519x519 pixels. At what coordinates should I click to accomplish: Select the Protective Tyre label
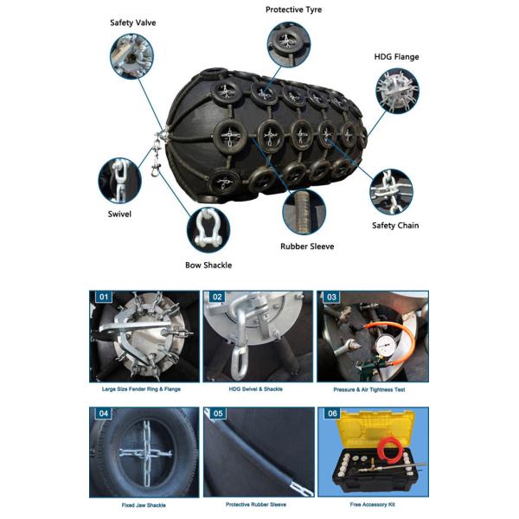pos(292,10)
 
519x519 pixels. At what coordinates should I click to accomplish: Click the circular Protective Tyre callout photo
pos(289,42)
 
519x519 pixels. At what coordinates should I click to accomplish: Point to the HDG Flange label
pos(396,57)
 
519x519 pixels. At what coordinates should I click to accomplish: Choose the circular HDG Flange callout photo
pos(398,92)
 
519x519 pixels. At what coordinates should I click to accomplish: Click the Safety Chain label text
pos(395,226)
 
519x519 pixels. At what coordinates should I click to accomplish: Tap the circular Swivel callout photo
pos(119,178)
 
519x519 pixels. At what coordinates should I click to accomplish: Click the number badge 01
pos(104,298)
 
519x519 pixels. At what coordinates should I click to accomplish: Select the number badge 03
pos(331,298)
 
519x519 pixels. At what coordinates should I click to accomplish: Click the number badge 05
pos(218,414)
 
